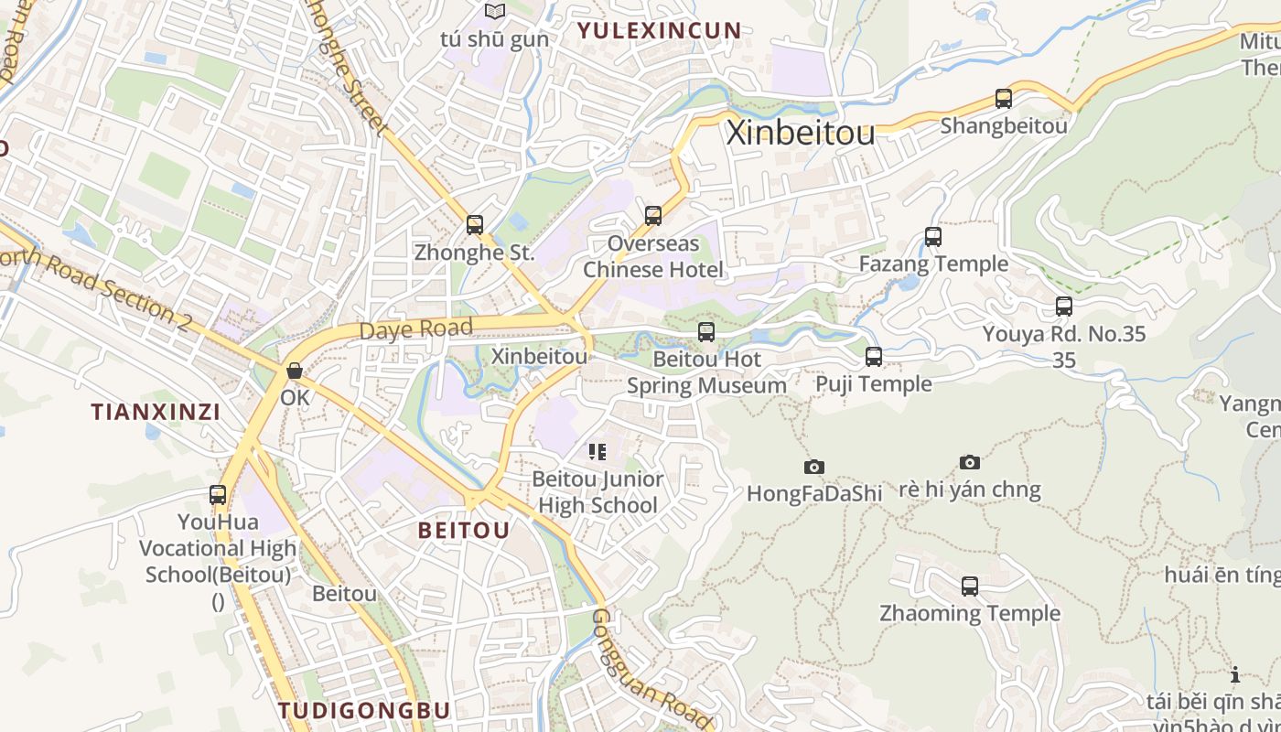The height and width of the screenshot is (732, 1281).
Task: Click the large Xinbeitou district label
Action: [801, 133]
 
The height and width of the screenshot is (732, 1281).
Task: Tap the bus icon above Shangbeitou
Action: [1004, 99]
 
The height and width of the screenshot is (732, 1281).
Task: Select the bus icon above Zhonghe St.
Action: [474, 224]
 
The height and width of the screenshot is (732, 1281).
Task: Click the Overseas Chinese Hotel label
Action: [653, 257]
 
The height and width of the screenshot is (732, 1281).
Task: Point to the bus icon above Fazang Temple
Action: [933, 237]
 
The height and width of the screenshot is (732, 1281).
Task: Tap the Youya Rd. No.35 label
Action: [1063, 334]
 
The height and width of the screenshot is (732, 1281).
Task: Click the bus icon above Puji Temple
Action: [874, 357]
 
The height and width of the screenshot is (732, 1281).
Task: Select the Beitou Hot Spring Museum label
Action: [705, 372]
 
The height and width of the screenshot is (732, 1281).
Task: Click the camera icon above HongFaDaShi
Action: [813, 467]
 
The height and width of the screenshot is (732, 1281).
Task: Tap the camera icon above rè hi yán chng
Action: [970, 462]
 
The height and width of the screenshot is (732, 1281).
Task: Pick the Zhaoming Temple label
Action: [970, 613]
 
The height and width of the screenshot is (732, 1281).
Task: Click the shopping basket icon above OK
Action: [295, 371]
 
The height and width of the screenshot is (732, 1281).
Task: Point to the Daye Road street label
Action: [416, 329]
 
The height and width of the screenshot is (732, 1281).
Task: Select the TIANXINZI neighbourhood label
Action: [156, 412]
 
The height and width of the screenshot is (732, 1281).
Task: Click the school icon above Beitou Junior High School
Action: [597, 451]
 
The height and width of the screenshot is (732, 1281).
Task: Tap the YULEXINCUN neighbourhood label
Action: [659, 30]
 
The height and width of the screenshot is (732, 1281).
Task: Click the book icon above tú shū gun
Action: [495, 12]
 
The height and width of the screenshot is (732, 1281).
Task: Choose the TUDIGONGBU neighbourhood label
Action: [364, 710]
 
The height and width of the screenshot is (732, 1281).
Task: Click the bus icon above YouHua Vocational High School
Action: [218, 495]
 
